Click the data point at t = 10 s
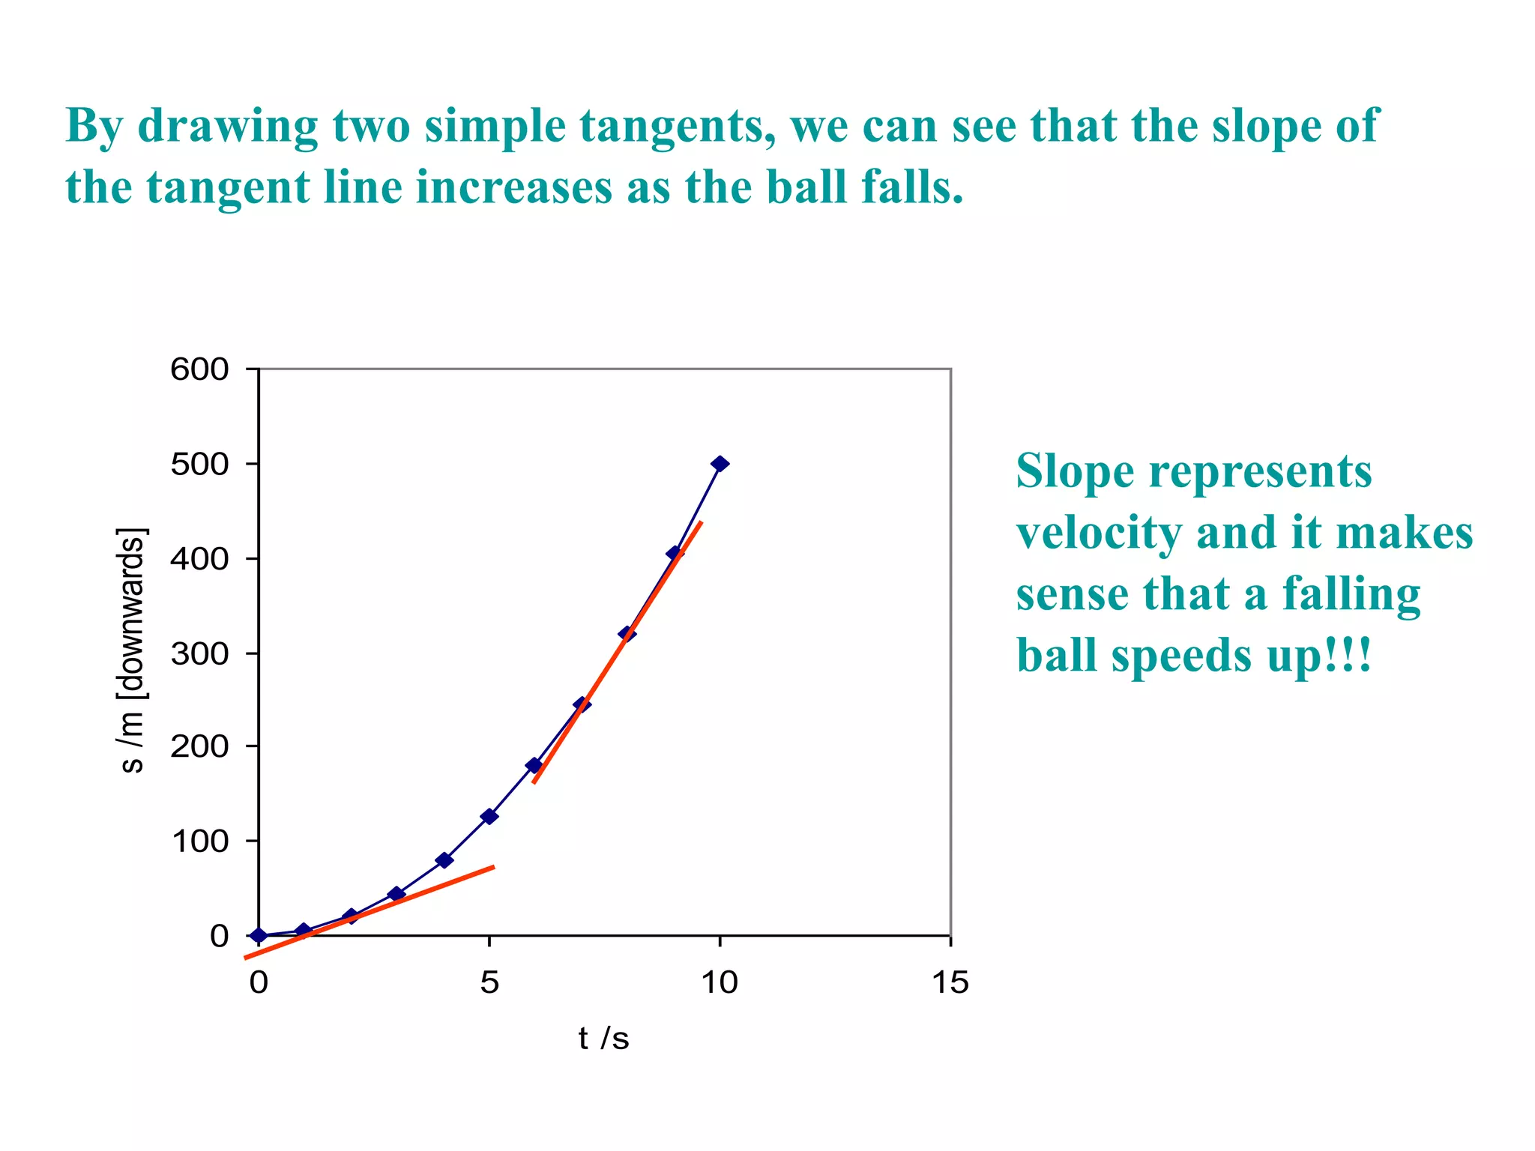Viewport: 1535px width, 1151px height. pos(720,464)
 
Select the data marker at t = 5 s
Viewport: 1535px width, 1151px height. pos(489,816)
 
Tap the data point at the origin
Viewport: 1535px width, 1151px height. pos(259,935)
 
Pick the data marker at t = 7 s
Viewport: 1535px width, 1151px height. pos(582,704)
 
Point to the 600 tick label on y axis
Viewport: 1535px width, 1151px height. pos(199,369)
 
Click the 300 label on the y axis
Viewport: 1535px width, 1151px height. pos(199,654)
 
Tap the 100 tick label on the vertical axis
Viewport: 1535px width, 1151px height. pos(199,842)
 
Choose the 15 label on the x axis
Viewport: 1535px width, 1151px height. pos(950,982)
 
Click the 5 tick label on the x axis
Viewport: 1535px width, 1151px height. pos(489,982)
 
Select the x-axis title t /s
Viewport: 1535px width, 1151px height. pos(603,1039)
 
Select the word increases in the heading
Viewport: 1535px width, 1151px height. pos(514,187)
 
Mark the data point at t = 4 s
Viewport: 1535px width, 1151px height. pos(444,860)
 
